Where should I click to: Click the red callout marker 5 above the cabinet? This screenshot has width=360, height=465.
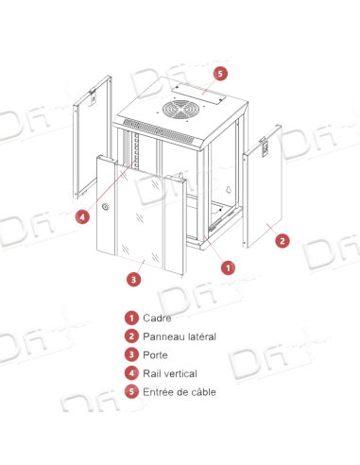(x=220, y=72)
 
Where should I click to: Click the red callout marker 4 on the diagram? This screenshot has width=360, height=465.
(x=84, y=215)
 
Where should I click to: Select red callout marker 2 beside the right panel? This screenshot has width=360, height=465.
(x=281, y=241)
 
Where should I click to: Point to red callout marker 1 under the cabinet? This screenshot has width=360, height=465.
(x=227, y=267)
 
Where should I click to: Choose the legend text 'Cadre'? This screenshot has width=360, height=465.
(x=156, y=319)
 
